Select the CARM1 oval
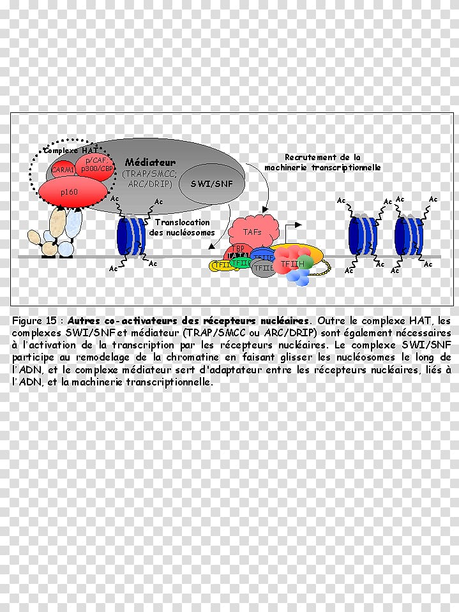[63, 170]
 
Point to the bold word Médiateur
[150, 162]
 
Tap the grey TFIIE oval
[263, 268]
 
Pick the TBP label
[237, 248]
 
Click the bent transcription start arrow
[290, 230]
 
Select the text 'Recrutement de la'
[323, 157]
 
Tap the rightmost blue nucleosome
[409, 236]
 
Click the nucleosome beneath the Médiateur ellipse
[132, 235]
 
